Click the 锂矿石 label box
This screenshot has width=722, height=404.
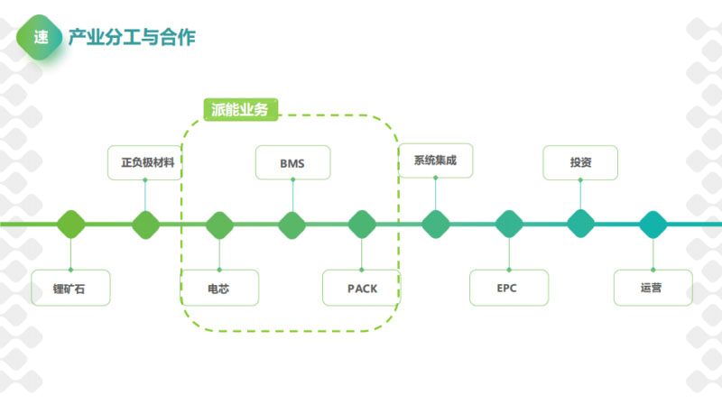click(x=69, y=288)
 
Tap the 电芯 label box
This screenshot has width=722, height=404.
click(x=219, y=288)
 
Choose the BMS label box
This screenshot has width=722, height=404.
click(x=292, y=163)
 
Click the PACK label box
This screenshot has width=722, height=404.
click(x=362, y=288)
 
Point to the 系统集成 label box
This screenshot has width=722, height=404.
click(x=436, y=161)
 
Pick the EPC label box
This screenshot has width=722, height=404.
click(x=508, y=288)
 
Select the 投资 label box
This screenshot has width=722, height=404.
click(x=580, y=163)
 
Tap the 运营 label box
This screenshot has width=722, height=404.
click(x=653, y=288)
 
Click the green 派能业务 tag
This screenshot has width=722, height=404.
click(x=237, y=109)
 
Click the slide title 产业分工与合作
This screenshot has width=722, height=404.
click(x=132, y=37)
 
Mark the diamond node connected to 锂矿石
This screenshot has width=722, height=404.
click(x=70, y=224)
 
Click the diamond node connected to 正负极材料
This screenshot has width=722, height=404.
click(x=145, y=224)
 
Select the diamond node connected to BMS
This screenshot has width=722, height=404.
click(x=291, y=224)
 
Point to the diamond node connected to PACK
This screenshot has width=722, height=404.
click(x=362, y=224)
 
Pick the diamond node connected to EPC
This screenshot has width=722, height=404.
click(x=509, y=224)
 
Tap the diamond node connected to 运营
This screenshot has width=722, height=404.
click(x=653, y=224)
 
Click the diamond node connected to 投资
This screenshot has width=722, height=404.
click(x=580, y=224)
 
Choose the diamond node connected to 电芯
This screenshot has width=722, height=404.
click(x=218, y=224)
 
